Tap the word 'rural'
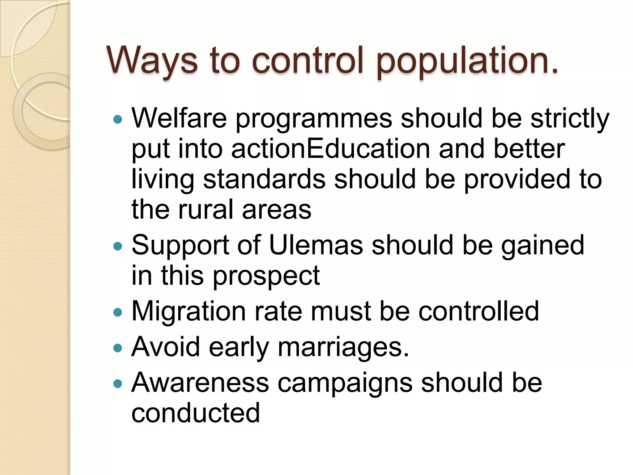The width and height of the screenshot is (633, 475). (206, 210)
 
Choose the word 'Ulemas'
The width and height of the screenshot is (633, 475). (316, 245)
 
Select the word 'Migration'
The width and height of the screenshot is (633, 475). (189, 311)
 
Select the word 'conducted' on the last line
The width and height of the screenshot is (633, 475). (195, 413)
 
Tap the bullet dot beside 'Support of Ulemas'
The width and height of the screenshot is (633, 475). (118, 246)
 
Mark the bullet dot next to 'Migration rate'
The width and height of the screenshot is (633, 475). (118, 312)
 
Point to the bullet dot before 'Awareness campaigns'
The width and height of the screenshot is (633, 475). (118, 384)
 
